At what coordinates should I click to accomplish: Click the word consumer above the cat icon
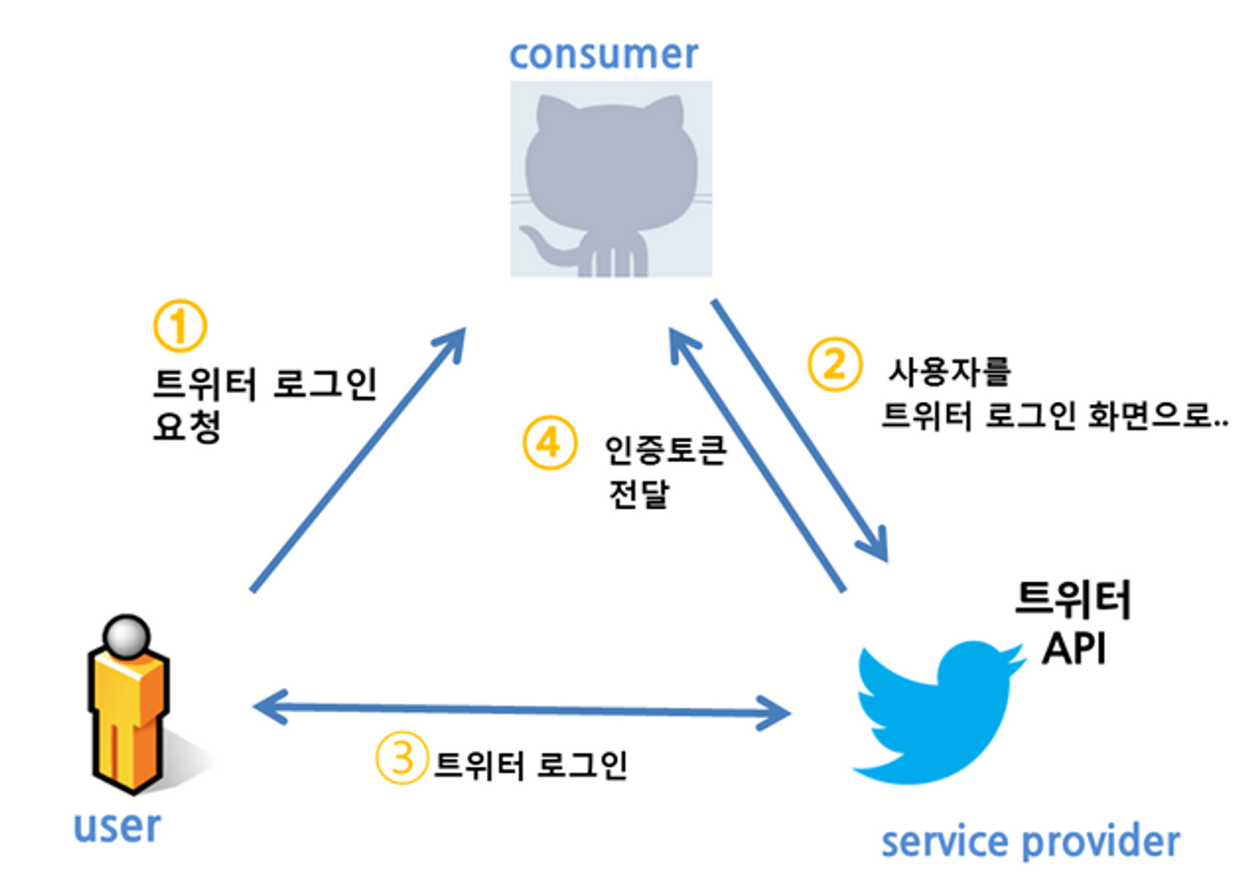coord(603,55)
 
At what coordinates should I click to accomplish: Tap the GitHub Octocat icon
coord(611,178)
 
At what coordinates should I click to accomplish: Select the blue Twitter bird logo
coord(936,711)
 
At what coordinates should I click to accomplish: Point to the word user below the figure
coord(117,827)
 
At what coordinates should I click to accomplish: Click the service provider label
coord(1030,842)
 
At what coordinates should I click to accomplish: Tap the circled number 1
coord(180,326)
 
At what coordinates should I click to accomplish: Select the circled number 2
coord(834,364)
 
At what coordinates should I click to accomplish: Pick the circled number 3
coord(402,758)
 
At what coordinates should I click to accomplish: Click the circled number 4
coord(549,443)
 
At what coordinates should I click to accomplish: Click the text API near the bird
coord(1074,649)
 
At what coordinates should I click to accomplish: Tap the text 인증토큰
coord(665,449)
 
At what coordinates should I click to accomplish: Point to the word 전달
coord(638,494)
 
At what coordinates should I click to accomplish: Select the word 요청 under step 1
coord(187,427)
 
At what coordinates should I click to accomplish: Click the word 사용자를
coord(949,372)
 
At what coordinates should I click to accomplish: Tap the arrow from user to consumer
coord(359,459)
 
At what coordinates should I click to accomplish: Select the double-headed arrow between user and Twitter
coord(522,709)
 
